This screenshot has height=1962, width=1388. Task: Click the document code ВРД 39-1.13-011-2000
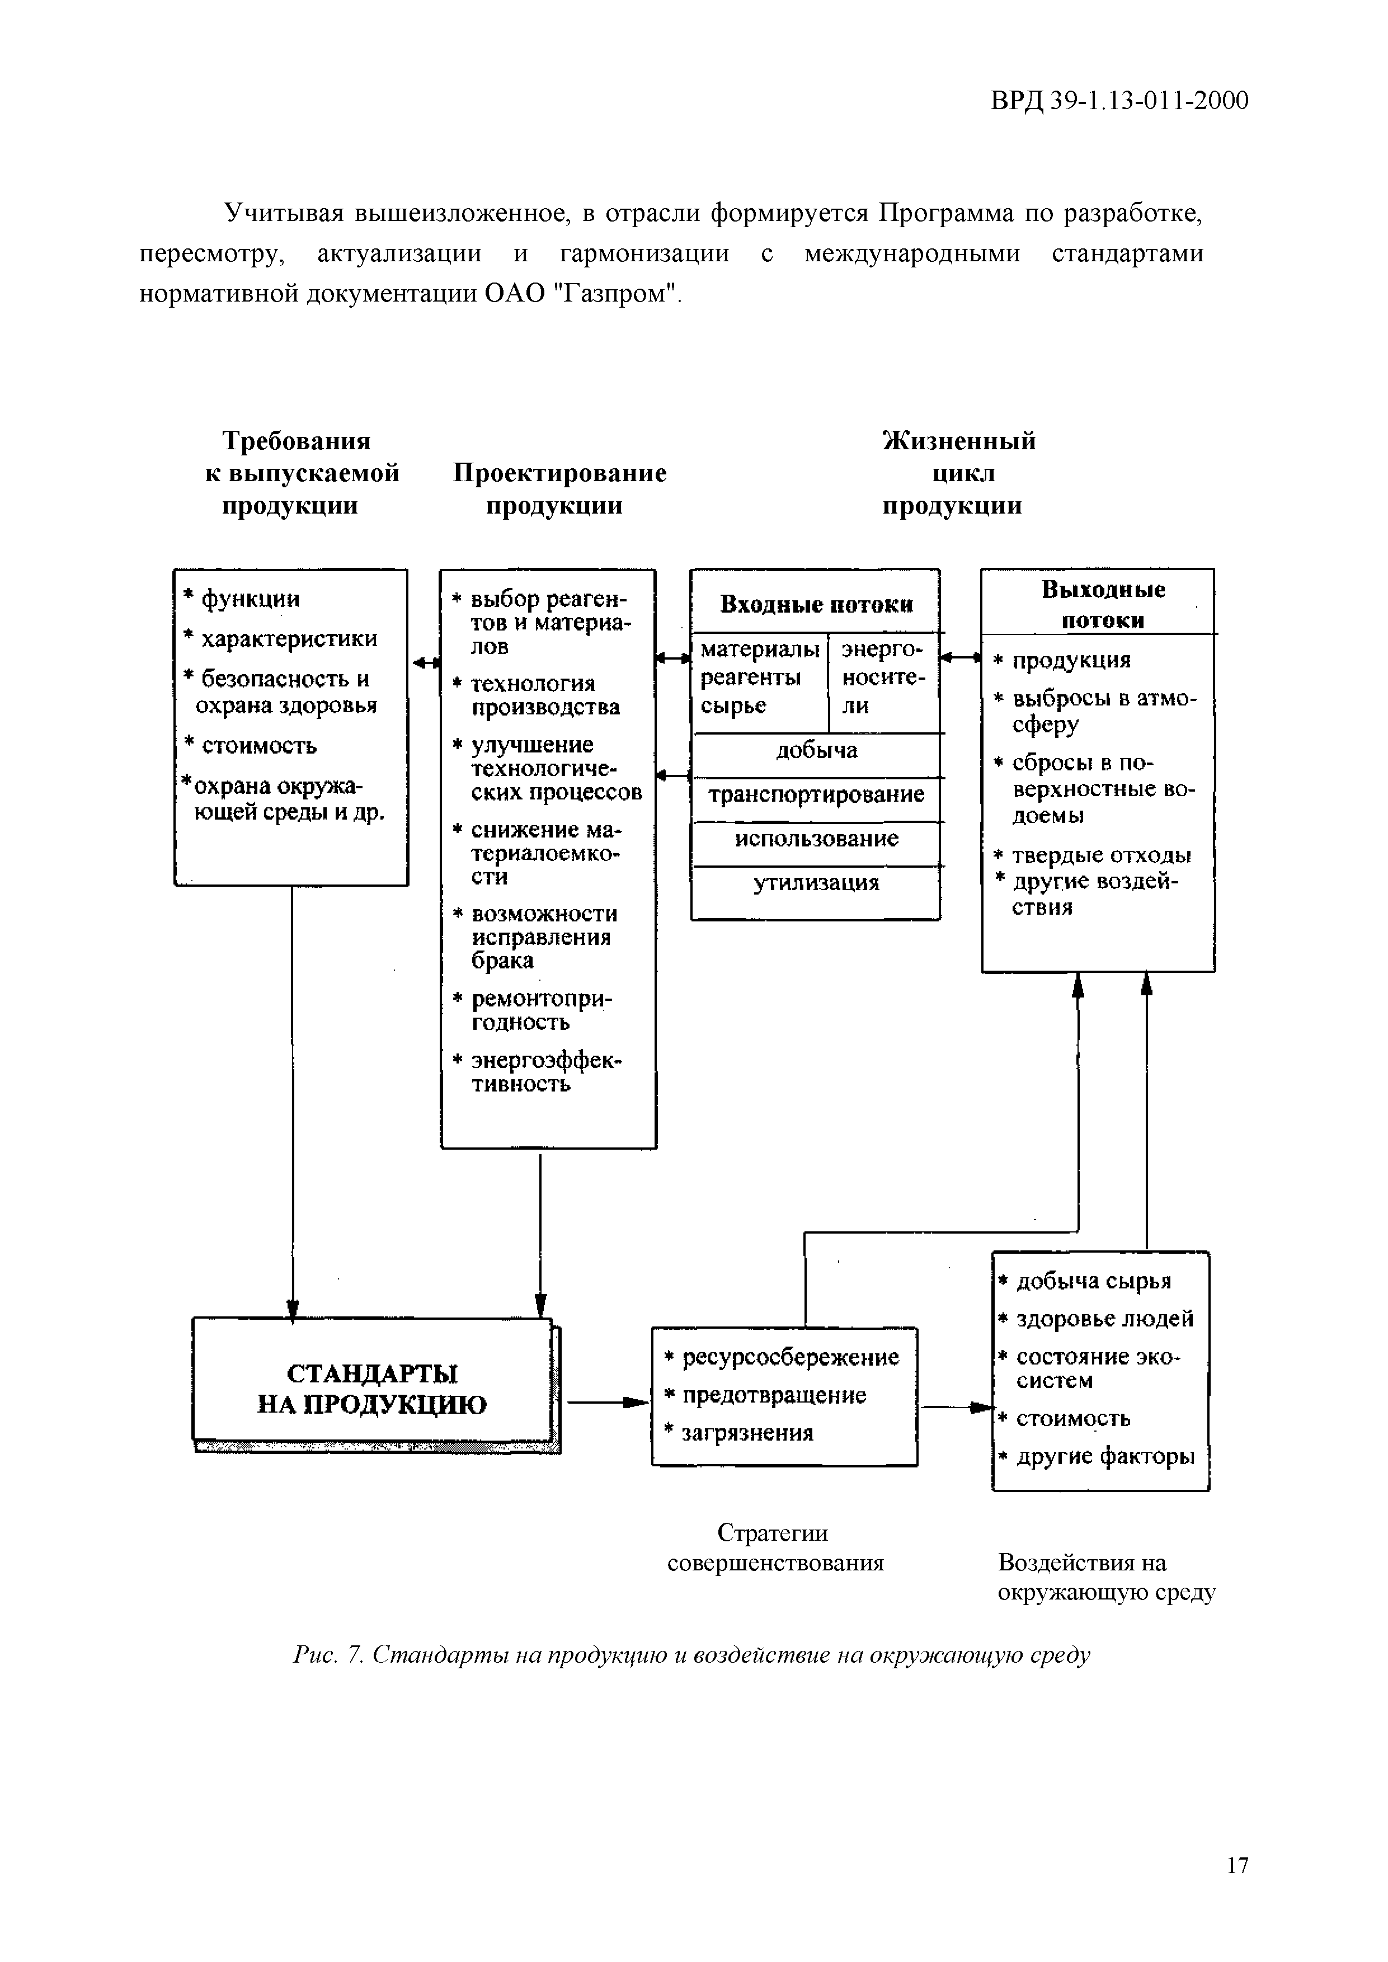1119,102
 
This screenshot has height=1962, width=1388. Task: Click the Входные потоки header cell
816,605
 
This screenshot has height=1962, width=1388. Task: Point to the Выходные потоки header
1103,604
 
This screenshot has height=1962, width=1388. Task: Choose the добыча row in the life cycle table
816,751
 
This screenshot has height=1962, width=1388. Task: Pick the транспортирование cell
816,795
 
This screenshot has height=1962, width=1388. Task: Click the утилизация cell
816,883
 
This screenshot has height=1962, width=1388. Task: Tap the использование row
816,839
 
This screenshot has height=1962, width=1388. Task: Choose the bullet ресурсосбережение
790,1357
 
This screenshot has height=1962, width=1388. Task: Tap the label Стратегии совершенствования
774,1547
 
